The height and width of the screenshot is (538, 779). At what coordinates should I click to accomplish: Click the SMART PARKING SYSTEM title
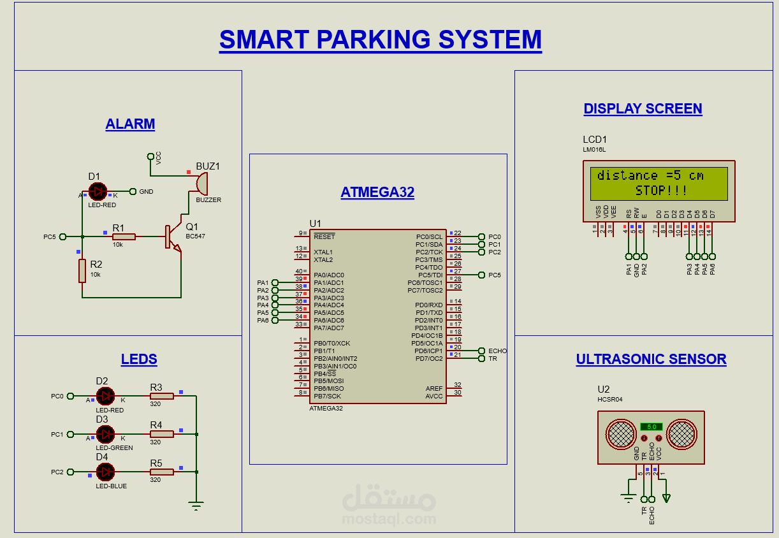coord(380,40)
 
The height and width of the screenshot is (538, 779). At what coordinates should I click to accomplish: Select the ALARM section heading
coord(130,124)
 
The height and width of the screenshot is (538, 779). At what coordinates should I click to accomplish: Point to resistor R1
coord(124,236)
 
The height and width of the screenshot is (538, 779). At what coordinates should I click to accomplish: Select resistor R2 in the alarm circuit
coord(82,271)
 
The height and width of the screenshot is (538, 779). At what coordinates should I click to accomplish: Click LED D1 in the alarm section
coord(98,191)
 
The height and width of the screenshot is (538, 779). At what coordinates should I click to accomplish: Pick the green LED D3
coord(105,434)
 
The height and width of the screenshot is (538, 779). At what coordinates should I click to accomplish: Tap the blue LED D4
coord(105,472)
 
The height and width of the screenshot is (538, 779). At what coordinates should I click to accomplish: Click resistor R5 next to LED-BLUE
coord(161,472)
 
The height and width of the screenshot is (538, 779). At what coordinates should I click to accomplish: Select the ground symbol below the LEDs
coord(196,506)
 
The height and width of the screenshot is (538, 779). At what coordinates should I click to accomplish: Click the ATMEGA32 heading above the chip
coord(377,193)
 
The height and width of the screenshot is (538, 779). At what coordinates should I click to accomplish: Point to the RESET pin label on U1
coord(324,236)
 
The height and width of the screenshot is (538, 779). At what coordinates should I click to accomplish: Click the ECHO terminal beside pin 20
coord(481,351)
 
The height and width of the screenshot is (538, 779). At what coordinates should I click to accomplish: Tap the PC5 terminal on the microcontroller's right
coord(481,275)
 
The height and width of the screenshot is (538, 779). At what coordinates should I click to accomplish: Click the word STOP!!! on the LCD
coord(661,191)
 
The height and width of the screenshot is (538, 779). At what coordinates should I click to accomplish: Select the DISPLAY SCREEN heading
coord(643,109)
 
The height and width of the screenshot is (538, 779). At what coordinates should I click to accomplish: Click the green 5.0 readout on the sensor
coord(651,426)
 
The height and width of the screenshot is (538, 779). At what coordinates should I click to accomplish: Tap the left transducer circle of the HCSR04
coord(621,434)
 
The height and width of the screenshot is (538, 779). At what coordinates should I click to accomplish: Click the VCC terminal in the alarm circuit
coord(150,156)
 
